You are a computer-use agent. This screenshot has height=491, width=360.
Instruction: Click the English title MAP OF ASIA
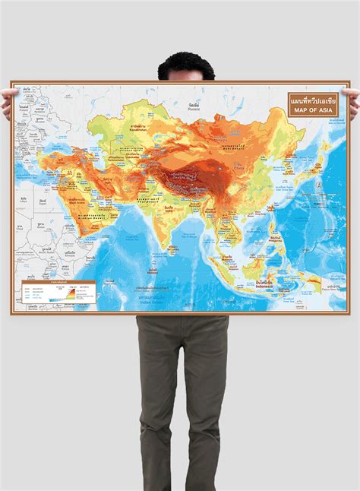tap(311, 110)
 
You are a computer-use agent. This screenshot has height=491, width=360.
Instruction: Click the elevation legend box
tap(57, 293)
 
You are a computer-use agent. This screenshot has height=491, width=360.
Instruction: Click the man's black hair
tap(180, 65)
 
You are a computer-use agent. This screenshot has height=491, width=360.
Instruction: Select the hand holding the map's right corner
tap(350, 93)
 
